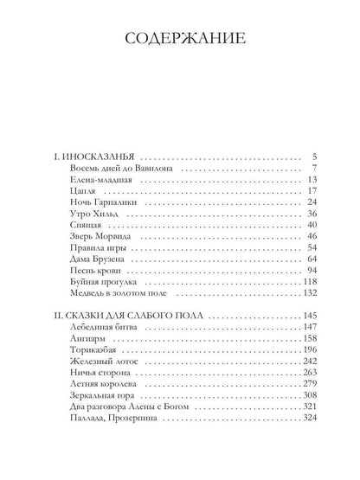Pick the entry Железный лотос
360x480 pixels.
[x=100, y=362]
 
